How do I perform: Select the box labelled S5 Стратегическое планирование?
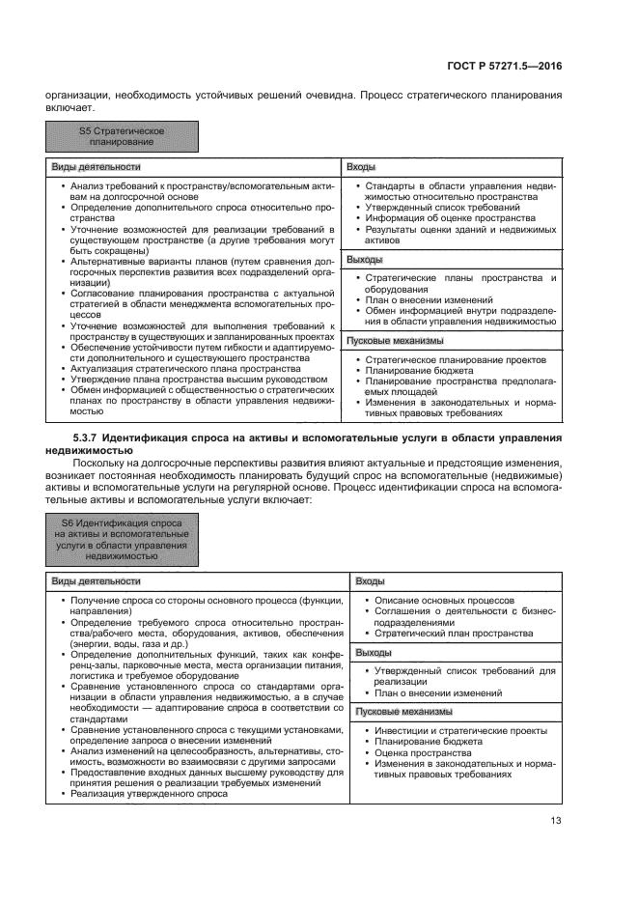(x=122, y=136)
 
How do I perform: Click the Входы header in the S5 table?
(x=361, y=168)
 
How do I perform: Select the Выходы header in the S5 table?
(x=365, y=260)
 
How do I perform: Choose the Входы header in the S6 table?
(x=371, y=581)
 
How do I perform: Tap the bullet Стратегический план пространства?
(x=453, y=634)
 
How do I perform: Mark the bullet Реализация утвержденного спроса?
(x=135, y=793)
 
